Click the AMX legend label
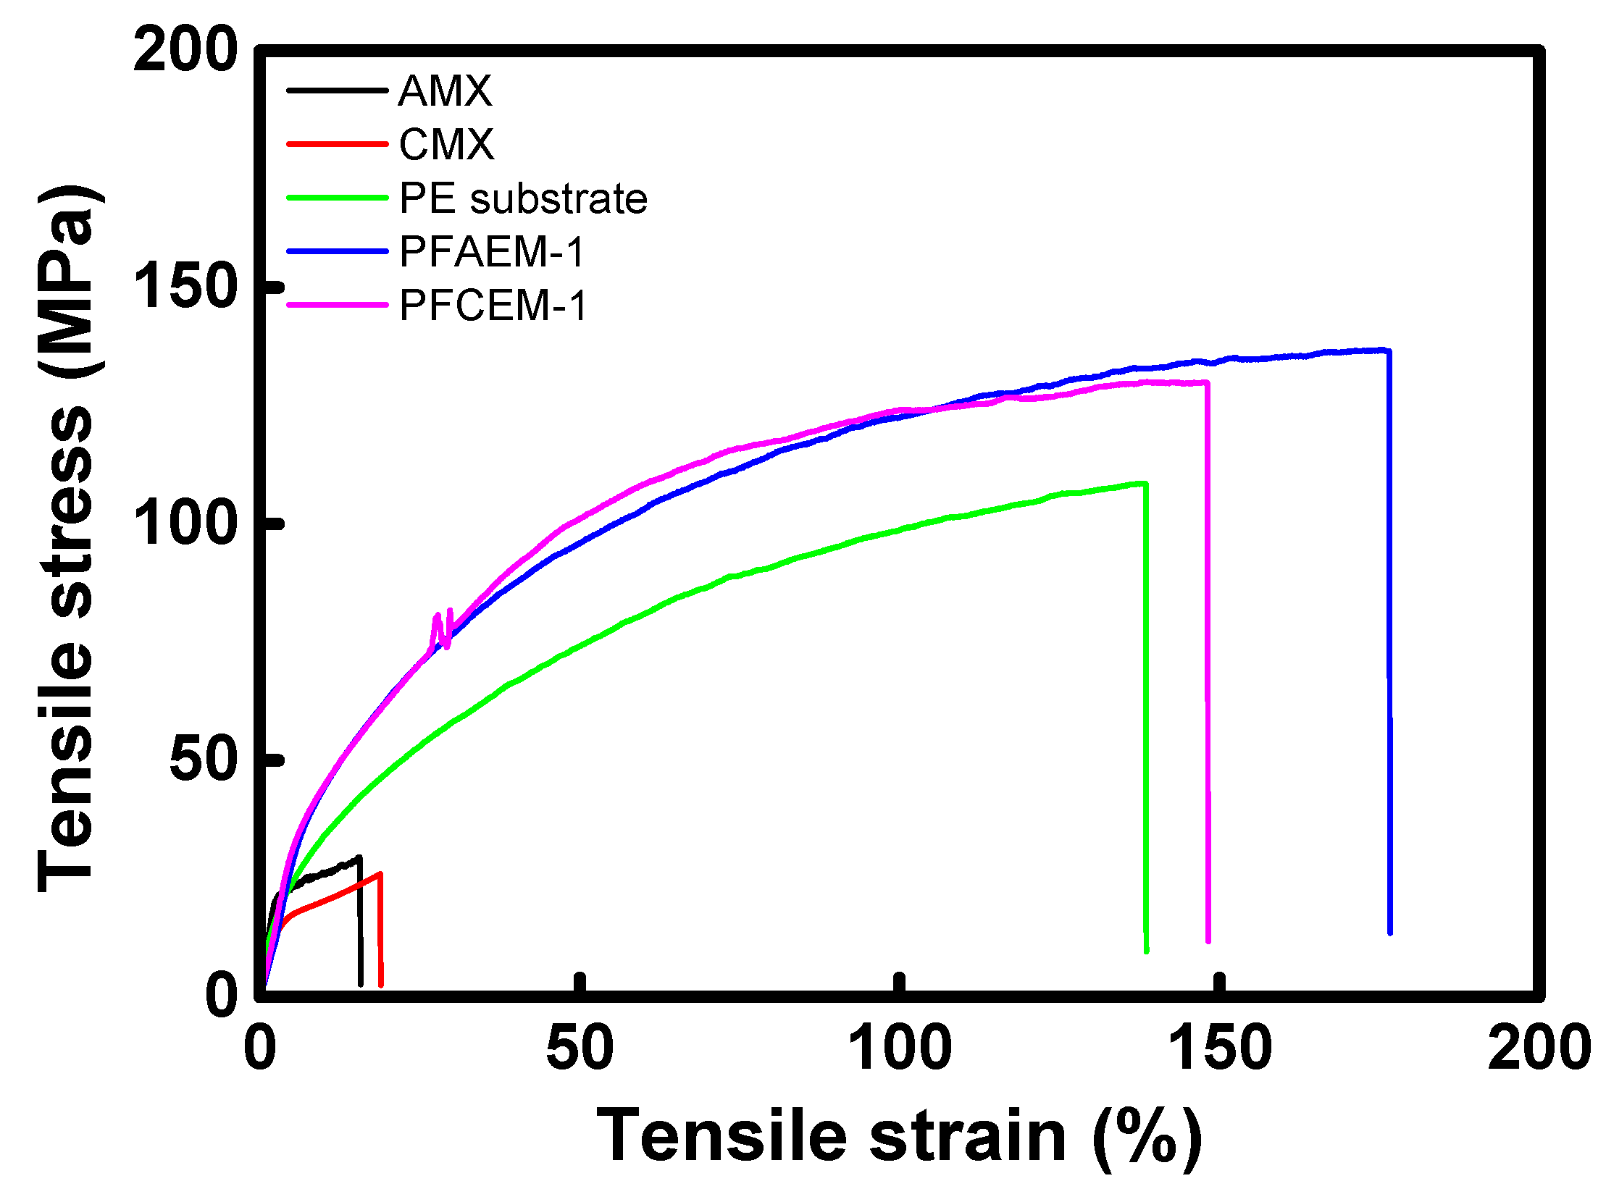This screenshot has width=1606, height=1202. (445, 91)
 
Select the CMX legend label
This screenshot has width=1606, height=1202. (446, 144)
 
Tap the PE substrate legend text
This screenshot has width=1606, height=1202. (523, 198)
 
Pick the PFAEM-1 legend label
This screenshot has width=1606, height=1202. (493, 252)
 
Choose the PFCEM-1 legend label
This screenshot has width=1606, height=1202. (493, 305)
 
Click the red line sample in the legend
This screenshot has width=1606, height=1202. (338, 144)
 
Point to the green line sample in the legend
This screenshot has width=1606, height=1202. (338, 198)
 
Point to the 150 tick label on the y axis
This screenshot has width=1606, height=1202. (186, 287)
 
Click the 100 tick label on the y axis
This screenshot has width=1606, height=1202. (186, 524)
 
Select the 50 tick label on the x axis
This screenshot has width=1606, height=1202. (580, 1048)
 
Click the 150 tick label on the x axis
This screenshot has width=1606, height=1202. (1220, 1048)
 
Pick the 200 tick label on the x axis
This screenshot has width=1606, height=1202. (1538, 1048)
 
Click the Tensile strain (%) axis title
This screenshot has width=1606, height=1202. (899, 1137)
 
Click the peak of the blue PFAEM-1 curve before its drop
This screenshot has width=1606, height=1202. (1386, 350)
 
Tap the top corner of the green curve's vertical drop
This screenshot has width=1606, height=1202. (1145, 483)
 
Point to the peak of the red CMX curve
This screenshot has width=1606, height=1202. (380, 874)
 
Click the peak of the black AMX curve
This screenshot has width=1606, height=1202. (359, 858)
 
